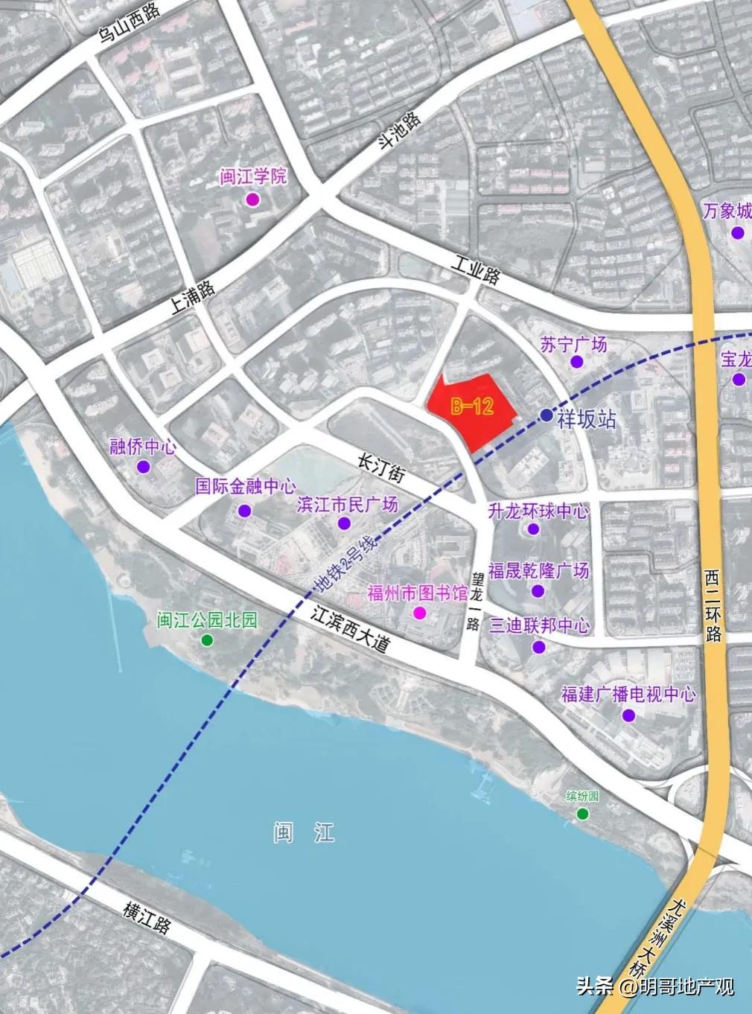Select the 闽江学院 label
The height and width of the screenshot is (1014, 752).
[253, 177]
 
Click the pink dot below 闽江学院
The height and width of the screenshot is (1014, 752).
[252, 200]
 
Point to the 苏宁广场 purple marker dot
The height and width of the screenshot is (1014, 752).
[576, 362]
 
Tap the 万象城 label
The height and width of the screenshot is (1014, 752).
[727, 211]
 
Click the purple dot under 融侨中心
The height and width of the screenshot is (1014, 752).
[143, 467]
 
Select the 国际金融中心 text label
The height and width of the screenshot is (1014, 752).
[246, 487]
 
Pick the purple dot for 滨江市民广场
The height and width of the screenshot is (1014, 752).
[343, 523]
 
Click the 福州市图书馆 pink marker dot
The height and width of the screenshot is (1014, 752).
[420, 613]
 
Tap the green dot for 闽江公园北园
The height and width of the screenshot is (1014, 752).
[207, 640]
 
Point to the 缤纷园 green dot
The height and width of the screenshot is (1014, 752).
[582, 814]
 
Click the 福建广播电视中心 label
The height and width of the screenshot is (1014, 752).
[628, 695]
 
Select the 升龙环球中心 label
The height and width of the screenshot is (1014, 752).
[538, 511]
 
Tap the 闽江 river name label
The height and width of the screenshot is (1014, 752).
[305, 832]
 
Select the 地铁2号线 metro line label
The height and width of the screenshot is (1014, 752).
[346, 563]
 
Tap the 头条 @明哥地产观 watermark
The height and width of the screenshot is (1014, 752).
[655, 987]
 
